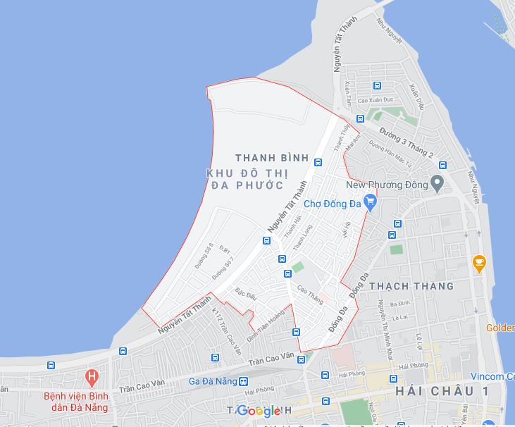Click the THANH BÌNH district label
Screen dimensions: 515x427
point(271,158)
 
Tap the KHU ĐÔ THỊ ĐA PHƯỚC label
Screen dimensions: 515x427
point(245,179)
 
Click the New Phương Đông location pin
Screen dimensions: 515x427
point(438,185)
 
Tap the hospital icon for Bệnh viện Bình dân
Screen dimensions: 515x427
point(90,377)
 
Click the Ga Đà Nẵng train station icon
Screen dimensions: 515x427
point(243,381)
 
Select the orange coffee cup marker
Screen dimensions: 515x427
point(479,264)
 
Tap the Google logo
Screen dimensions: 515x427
point(259,411)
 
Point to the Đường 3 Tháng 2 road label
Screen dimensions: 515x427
point(407,143)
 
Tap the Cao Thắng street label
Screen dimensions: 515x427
point(310,295)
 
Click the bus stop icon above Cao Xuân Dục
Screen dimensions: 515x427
point(377,87)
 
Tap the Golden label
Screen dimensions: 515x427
point(500,328)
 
